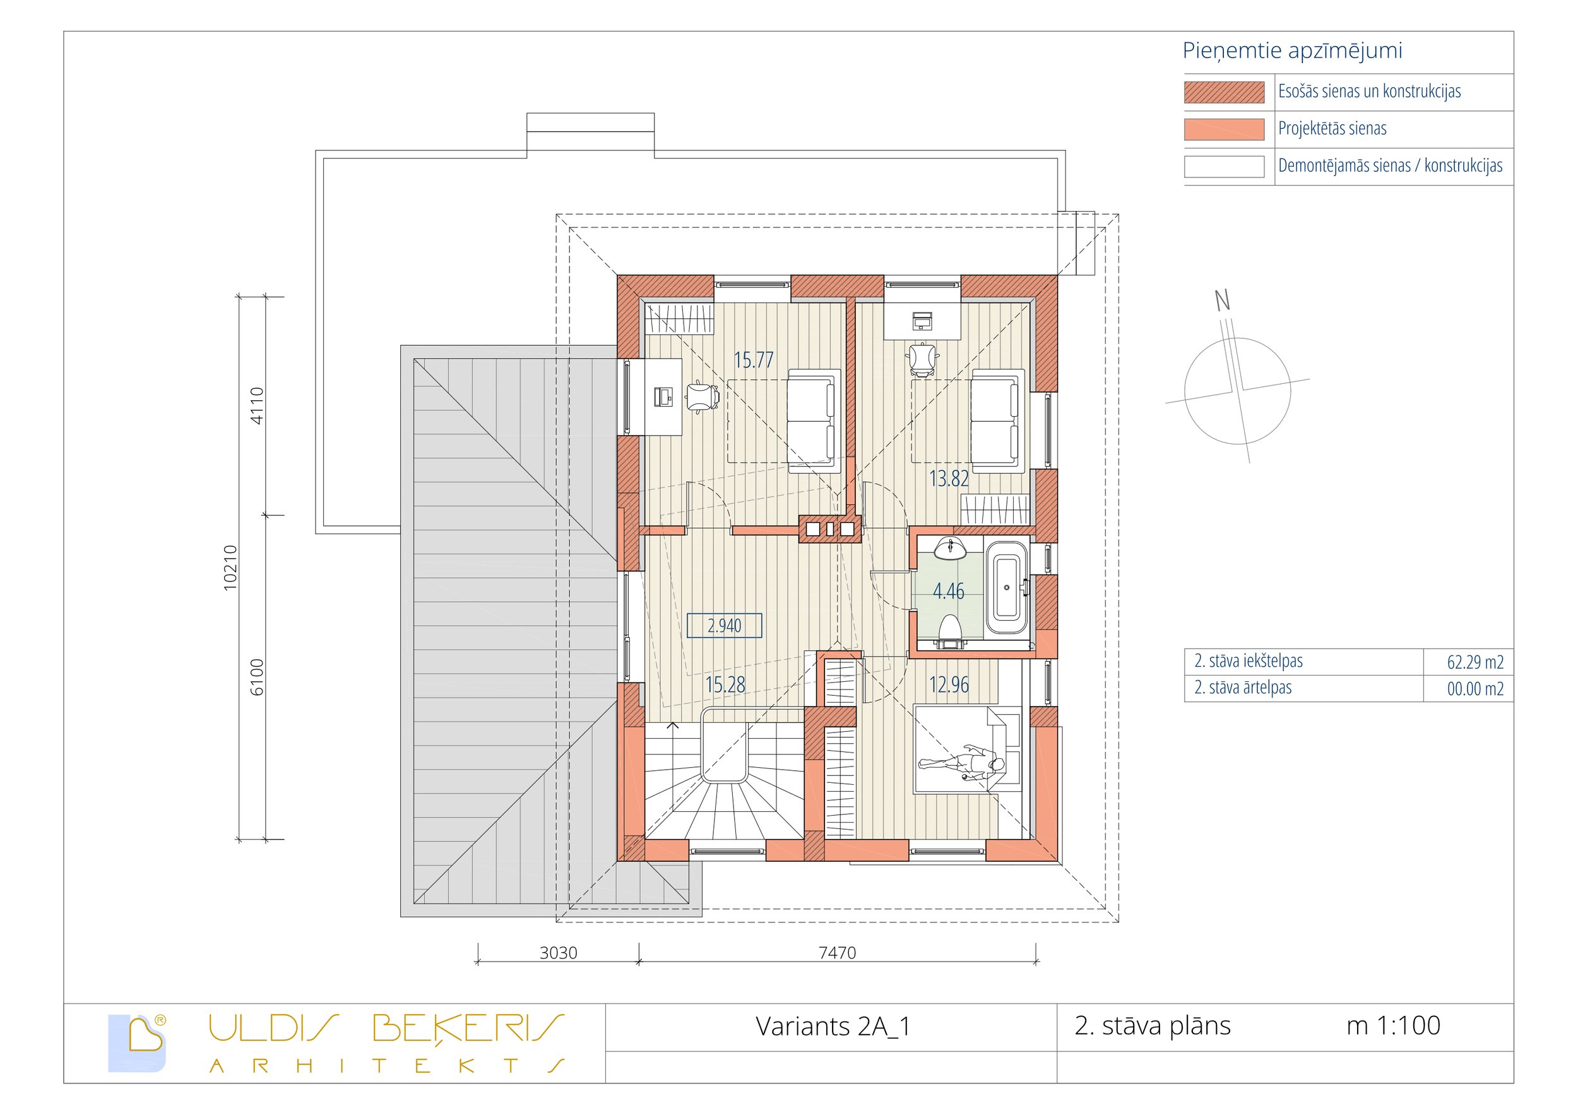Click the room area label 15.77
click(753, 361)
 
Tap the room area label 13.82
click(949, 479)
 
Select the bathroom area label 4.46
click(949, 591)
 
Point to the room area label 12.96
click(949, 684)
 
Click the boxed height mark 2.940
click(725, 626)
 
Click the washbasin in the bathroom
click(951, 548)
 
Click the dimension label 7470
click(837, 953)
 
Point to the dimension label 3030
click(558, 953)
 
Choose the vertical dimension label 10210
click(231, 568)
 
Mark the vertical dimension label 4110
click(256, 405)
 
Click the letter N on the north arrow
click(1222, 301)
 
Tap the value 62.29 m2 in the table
click(1475, 662)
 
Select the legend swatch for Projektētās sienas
click(1223, 129)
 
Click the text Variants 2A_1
click(833, 1027)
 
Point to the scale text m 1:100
click(1393, 1025)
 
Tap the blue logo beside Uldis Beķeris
click(138, 1043)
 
